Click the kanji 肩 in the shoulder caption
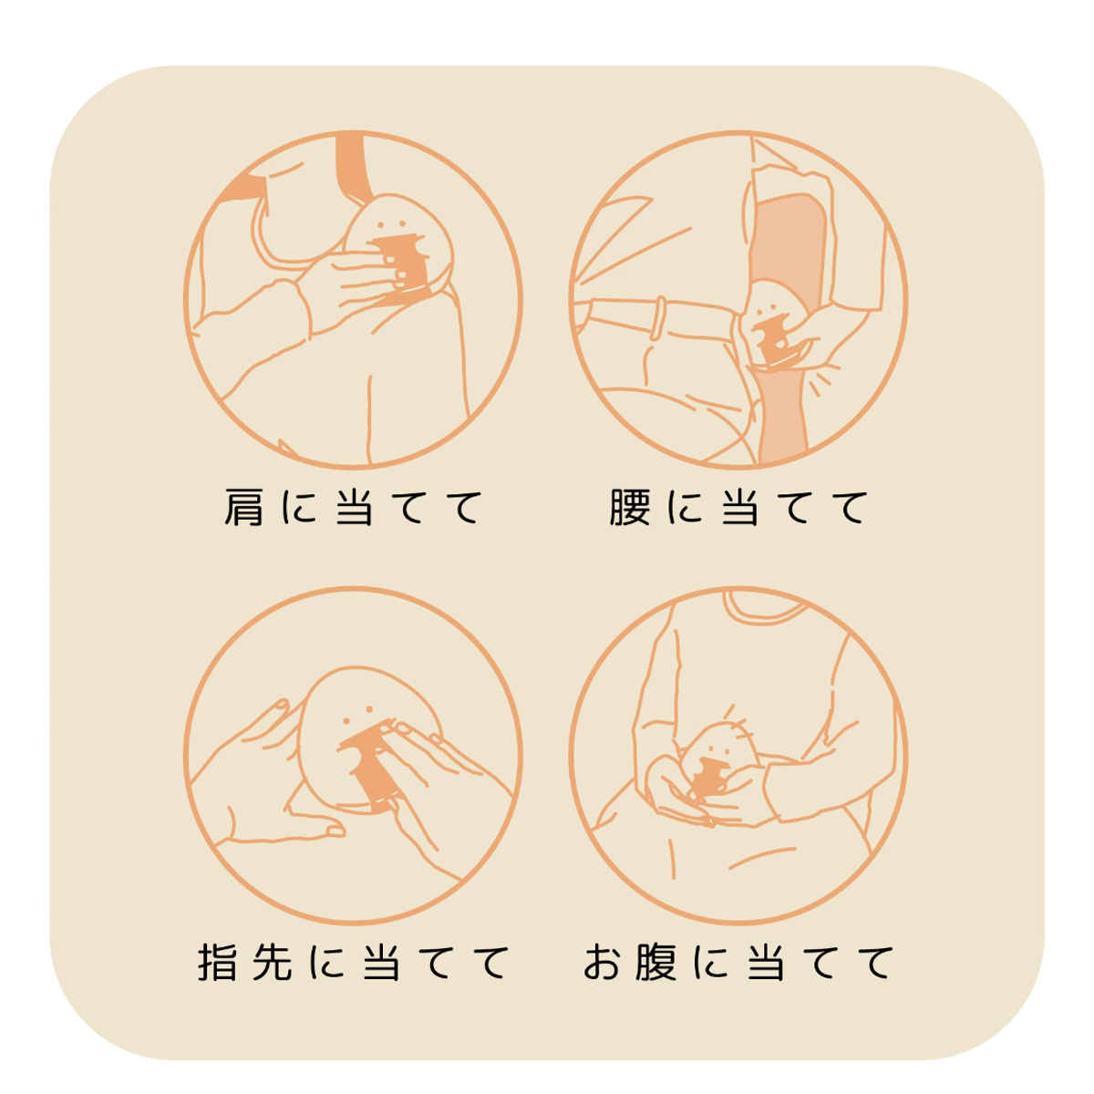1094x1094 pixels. [x=243, y=508]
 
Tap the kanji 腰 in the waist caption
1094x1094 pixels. [x=630, y=508]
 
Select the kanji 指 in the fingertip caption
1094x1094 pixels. [x=218, y=963]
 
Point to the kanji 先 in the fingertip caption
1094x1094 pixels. [x=273, y=963]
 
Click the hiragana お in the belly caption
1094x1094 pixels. [x=603, y=963]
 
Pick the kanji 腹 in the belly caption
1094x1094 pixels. [x=656, y=963]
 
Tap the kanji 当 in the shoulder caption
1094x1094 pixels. [x=354, y=508]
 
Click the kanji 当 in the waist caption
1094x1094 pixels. [x=740, y=508]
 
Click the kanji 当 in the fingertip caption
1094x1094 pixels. [x=382, y=963]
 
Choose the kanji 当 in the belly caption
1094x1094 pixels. [x=766, y=963]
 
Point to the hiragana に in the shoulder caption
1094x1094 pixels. [x=299, y=508]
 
